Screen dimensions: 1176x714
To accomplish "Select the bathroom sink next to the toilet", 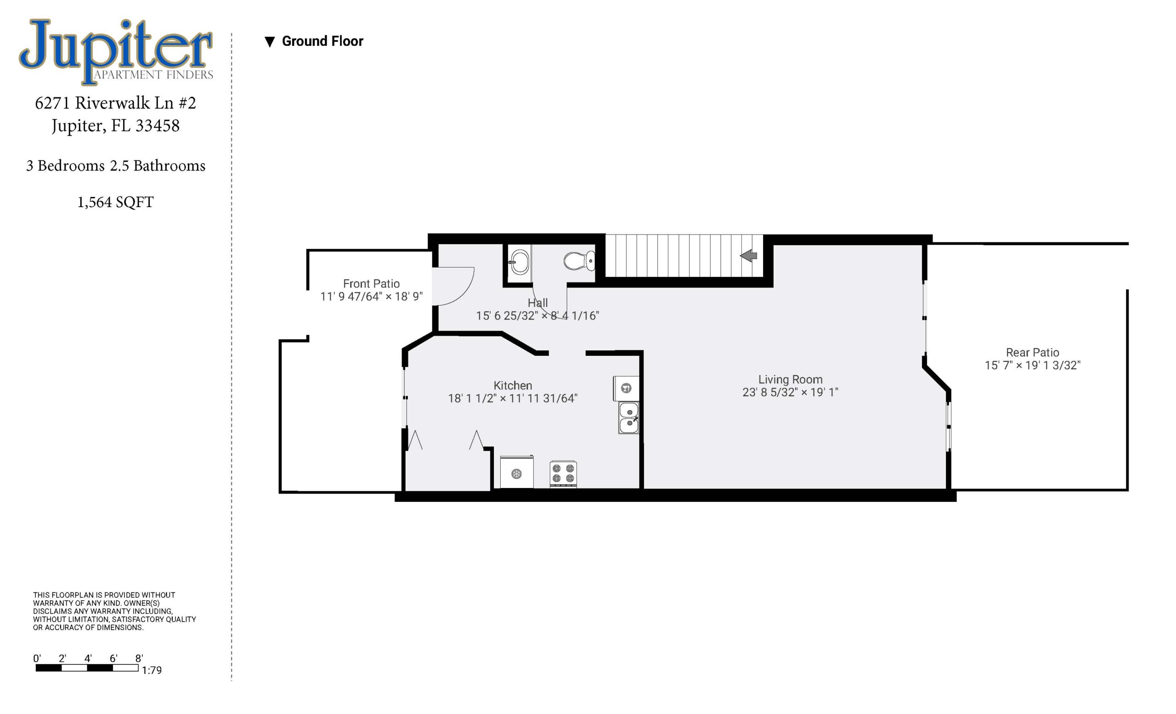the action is (519, 261).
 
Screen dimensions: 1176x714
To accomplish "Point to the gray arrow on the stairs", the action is (748, 256).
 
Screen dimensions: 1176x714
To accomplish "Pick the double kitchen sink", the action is (628, 418).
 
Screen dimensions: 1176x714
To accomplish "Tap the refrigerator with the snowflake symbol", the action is (517, 472).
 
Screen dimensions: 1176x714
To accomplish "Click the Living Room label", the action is (791, 380).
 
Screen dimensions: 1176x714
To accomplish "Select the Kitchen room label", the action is (513, 385).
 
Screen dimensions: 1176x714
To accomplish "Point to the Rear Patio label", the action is (1032, 353).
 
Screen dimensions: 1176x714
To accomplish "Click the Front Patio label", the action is (371, 284).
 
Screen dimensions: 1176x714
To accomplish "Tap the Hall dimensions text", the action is (537, 316).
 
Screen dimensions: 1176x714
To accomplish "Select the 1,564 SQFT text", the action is (115, 202).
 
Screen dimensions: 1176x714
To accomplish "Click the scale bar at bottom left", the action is (87, 668).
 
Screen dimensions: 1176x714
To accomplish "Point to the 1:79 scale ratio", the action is (152, 670).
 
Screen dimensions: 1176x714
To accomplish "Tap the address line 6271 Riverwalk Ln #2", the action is (115, 103).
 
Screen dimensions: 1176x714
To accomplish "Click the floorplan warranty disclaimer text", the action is (114, 611).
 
